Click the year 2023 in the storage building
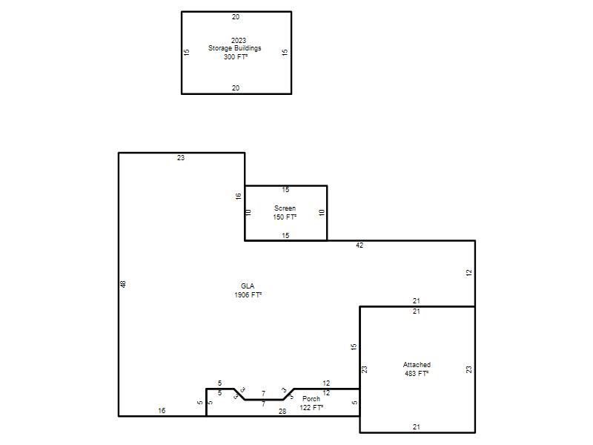239,41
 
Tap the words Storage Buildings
234,48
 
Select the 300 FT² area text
236,57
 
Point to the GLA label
248,286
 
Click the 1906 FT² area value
248,294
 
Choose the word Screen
285,208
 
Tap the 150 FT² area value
285,217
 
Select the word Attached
417,365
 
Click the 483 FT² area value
417,374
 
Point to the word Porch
311,399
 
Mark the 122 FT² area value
311,407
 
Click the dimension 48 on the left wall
123,284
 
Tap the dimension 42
360,245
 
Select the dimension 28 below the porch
282,412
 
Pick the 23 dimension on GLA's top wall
181,158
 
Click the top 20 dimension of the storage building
236,17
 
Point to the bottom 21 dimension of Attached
417,427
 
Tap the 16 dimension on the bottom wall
162,411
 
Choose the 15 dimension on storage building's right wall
285,52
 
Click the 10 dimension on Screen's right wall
322,213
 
